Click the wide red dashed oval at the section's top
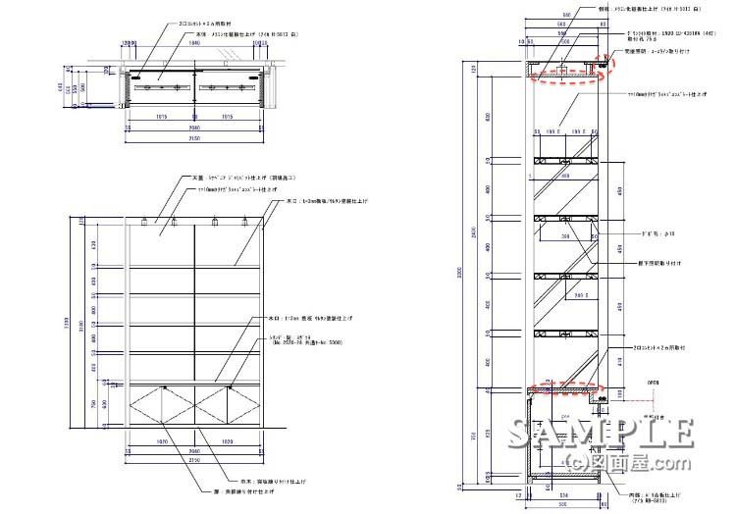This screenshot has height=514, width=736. pyautogui.click(x=564, y=77)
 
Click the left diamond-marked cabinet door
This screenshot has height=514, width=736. pyautogui.click(x=162, y=404)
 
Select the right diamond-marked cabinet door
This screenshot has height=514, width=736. pyautogui.click(x=228, y=404)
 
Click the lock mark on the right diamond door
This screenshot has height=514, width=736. pyautogui.click(x=229, y=388)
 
